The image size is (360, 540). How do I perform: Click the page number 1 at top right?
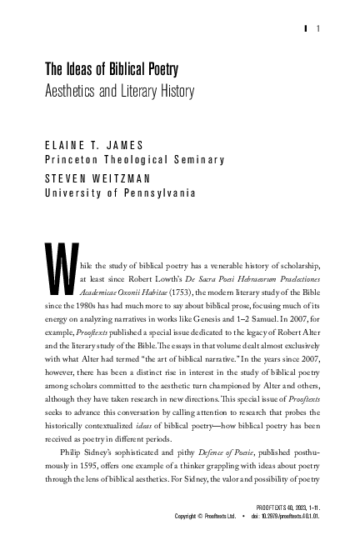319,30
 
